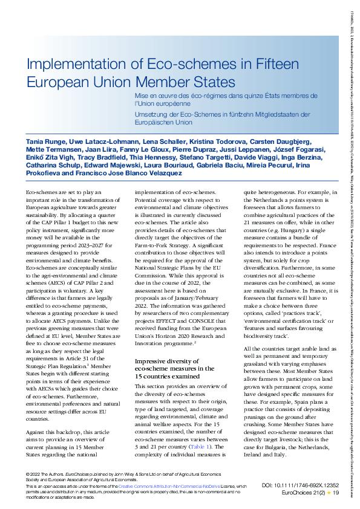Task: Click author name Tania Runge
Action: coord(45,140)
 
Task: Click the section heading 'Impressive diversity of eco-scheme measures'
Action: coord(174,365)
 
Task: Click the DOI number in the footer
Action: coord(304,485)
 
